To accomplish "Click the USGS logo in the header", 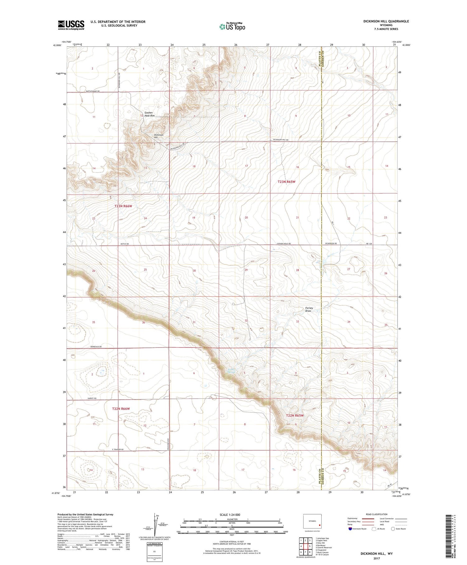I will click(71, 25).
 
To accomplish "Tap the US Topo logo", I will click(232, 27).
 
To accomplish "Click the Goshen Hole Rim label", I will click(149, 114).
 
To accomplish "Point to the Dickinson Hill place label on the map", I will click(159, 136).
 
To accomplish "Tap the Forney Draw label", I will click(309, 309).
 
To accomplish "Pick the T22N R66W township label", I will click(120, 409).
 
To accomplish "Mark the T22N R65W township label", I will click(295, 415).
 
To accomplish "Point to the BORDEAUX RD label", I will click(96, 347).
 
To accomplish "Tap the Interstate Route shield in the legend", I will click(350, 529).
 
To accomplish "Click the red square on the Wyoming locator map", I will click(319, 524).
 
